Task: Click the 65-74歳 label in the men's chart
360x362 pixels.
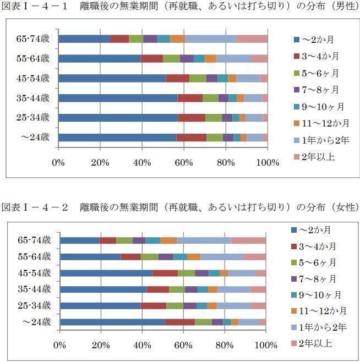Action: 34,39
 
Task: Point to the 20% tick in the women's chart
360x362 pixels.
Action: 102,345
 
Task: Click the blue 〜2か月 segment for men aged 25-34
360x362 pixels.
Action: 118,118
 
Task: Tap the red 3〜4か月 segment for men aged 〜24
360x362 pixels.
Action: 191,138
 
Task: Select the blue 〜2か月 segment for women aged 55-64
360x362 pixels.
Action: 90,257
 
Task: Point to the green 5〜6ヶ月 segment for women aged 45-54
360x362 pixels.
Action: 186,273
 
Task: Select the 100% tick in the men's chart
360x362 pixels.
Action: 268,162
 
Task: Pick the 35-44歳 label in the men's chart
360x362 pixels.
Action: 34,98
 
